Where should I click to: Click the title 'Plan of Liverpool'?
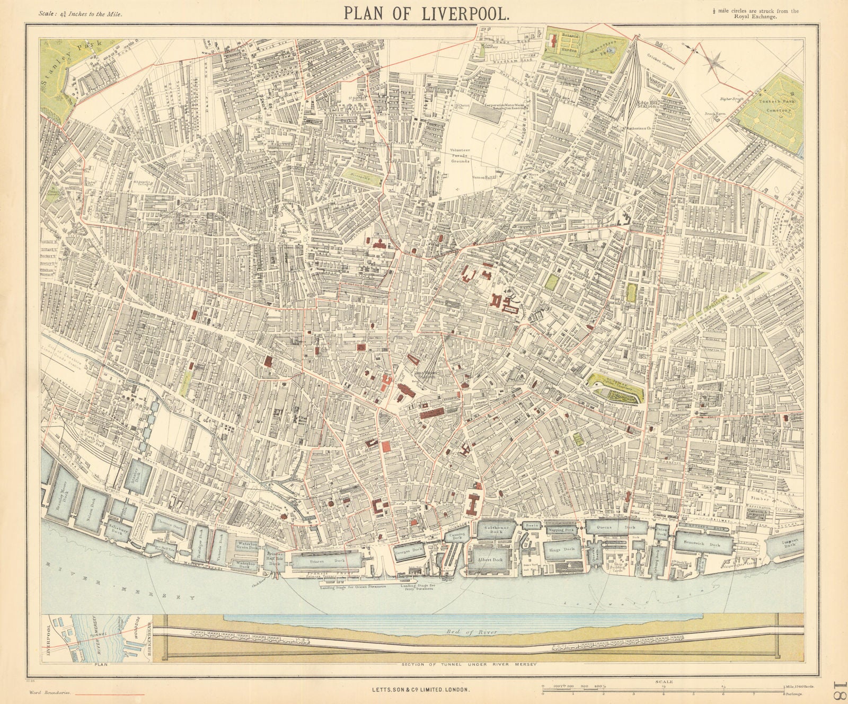(427, 12)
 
